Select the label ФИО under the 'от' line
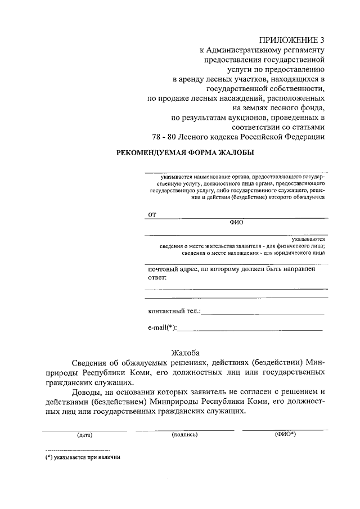click(236, 222)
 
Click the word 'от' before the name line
click(151, 214)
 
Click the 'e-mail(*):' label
click(162, 327)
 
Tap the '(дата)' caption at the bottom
click(85, 435)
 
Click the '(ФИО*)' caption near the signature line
click(285, 434)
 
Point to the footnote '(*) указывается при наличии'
click(84, 457)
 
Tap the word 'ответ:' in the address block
click(157, 278)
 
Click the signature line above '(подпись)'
click(185, 430)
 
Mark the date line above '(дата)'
click(85, 430)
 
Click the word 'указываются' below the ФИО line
click(308, 239)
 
